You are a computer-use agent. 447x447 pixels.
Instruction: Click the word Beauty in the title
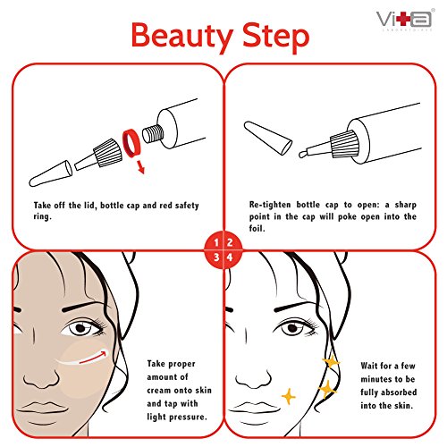pyautogui.click(x=182, y=37)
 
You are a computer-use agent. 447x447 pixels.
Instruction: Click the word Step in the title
pyautogui.click(x=276, y=38)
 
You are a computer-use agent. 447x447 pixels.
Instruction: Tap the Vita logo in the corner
pyautogui.click(x=405, y=20)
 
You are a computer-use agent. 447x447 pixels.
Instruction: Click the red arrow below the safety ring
pyautogui.click(x=140, y=167)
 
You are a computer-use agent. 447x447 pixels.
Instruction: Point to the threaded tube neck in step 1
pyautogui.click(x=153, y=133)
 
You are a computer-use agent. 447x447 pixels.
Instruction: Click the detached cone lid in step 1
pyautogui.click(x=50, y=173)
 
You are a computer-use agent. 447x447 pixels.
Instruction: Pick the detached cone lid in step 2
pyautogui.click(x=268, y=138)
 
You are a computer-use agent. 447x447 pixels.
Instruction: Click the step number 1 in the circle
pyautogui.click(x=216, y=242)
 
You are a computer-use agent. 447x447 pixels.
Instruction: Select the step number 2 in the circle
pyautogui.click(x=230, y=242)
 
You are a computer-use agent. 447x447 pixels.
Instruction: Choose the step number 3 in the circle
pyautogui.click(x=216, y=257)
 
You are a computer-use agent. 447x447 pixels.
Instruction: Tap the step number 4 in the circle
pyautogui.click(x=230, y=257)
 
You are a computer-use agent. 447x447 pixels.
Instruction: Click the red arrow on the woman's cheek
pyautogui.click(x=93, y=358)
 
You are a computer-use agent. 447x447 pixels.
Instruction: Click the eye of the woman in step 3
pyautogui.click(x=81, y=329)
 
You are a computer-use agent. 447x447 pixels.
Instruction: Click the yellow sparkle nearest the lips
pyautogui.click(x=288, y=396)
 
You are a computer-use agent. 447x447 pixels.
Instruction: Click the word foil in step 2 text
pyautogui.click(x=257, y=229)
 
